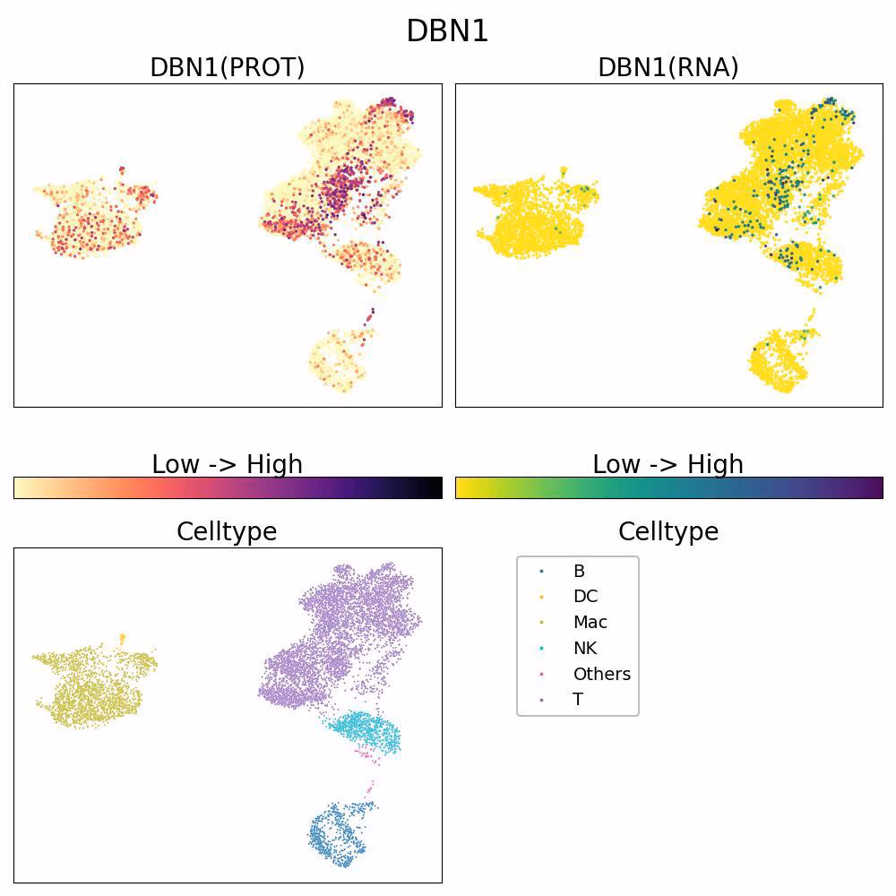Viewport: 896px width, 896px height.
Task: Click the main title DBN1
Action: [447, 30]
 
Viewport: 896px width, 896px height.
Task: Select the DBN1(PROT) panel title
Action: [228, 67]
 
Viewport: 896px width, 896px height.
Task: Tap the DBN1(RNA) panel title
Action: [668, 67]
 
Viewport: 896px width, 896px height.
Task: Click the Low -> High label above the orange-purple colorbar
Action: [228, 464]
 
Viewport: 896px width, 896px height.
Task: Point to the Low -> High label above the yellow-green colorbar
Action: [668, 464]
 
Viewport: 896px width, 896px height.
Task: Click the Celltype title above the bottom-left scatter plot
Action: [227, 532]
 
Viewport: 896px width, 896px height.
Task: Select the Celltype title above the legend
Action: [668, 532]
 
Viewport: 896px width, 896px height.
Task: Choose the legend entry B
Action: [579, 571]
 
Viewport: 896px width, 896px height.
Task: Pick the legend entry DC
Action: [586, 596]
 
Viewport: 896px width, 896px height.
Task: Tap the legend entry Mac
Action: [590, 622]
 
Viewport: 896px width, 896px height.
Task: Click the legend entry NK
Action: [585, 648]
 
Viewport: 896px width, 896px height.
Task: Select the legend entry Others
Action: [602, 674]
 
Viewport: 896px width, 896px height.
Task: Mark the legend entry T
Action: [578, 699]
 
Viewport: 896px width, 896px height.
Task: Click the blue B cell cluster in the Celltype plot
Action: [337, 834]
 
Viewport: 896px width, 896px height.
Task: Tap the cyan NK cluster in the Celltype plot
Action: [366, 731]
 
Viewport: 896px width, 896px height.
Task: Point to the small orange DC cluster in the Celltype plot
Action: [122, 638]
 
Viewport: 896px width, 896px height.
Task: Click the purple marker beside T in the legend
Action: [541, 700]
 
